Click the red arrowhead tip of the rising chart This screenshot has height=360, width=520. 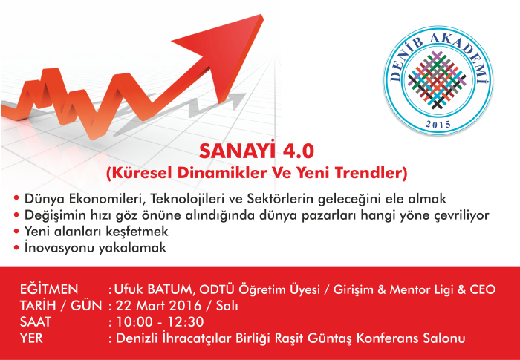(x=263, y=16)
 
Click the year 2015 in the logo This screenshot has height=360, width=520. (x=438, y=125)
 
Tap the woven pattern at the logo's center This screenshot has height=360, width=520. (x=438, y=80)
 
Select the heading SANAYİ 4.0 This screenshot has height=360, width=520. (x=256, y=152)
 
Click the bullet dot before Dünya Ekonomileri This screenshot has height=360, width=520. (x=16, y=199)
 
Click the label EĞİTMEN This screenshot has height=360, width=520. (x=49, y=289)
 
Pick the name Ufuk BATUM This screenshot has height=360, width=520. (x=153, y=289)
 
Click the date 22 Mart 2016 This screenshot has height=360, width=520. (x=158, y=306)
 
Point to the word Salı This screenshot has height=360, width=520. (x=227, y=306)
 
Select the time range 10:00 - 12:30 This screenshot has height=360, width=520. (x=160, y=322)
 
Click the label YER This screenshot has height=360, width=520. (x=31, y=338)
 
